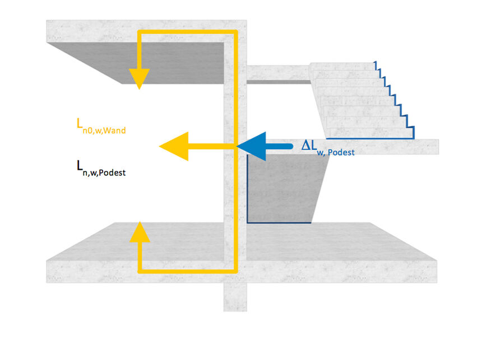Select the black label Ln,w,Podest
[101, 168]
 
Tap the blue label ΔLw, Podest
[328, 147]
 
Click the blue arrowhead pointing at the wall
[250, 146]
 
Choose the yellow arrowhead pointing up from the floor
[139, 232]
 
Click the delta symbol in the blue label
[306, 145]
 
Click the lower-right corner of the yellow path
[235, 271]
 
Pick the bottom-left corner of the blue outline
[248, 222]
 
